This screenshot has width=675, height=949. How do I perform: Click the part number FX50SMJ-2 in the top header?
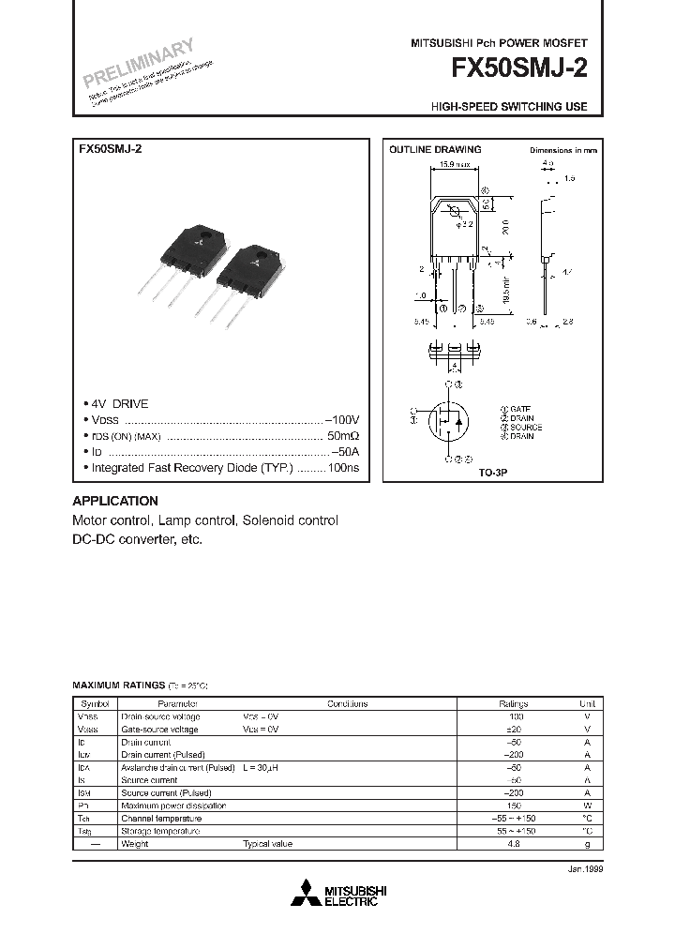[x=520, y=69]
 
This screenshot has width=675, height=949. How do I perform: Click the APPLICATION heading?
[x=115, y=501]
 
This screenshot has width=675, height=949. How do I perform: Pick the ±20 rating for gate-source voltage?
[x=513, y=729]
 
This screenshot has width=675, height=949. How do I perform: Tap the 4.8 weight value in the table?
[x=513, y=844]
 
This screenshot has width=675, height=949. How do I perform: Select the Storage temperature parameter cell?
[x=160, y=831]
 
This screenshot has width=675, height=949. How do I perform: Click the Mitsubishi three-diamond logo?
[x=306, y=895]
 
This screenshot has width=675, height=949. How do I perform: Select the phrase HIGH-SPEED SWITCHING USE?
[x=509, y=107]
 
